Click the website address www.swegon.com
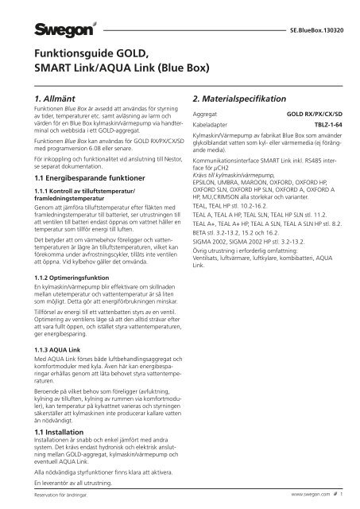tap(302, 495)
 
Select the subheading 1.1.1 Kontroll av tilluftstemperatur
tap(82, 193)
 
